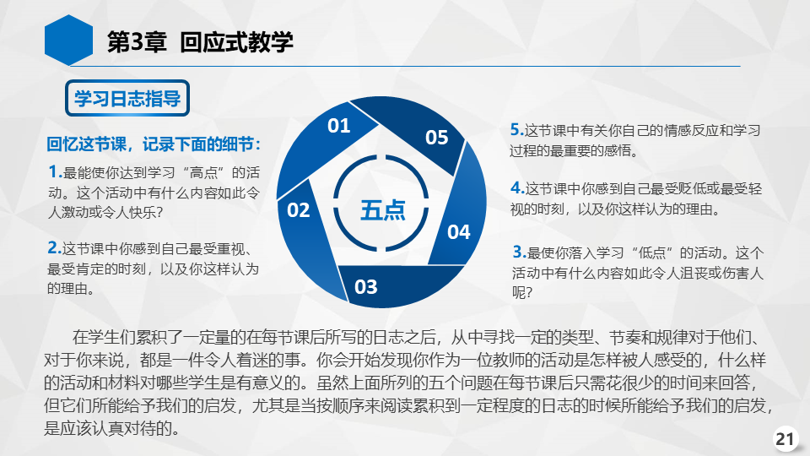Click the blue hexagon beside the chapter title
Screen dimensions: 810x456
click(x=68, y=41)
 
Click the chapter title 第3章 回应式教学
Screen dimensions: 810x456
click(x=200, y=42)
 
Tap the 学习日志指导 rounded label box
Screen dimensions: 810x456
click(x=127, y=98)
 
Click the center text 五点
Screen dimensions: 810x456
click(x=383, y=210)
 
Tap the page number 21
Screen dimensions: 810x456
click(x=785, y=439)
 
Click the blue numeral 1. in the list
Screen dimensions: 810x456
click(x=55, y=171)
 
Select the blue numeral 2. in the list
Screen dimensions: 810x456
click(x=54, y=248)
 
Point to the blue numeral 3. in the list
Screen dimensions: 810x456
click(x=519, y=252)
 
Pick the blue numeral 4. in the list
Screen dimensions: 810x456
click(x=517, y=188)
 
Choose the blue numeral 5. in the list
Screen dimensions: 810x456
click(x=517, y=130)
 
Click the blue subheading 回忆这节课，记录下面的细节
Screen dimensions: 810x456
click(x=154, y=144)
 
